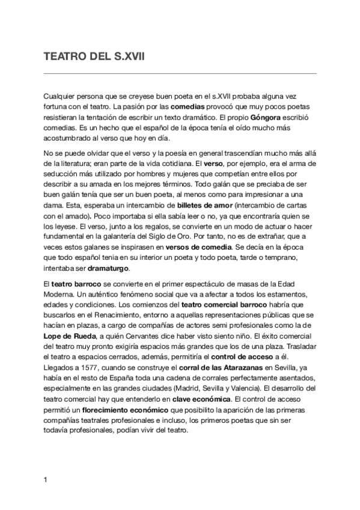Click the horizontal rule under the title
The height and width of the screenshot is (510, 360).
click(x=180, y=73)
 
